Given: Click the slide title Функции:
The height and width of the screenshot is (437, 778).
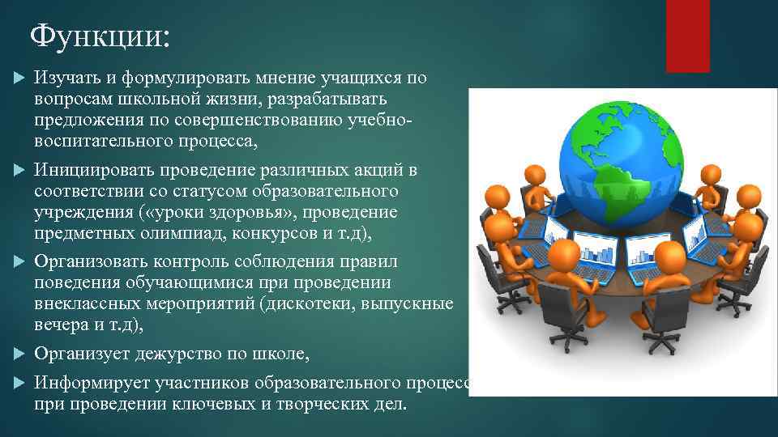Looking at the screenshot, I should click(x=100, y=37).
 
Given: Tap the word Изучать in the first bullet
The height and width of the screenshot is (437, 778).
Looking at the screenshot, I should click(x=66, y=78).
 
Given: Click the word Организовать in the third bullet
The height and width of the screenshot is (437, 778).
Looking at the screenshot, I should click(x=91, y=263).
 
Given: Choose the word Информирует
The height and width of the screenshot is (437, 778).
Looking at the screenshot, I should click(x=89, y=382).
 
